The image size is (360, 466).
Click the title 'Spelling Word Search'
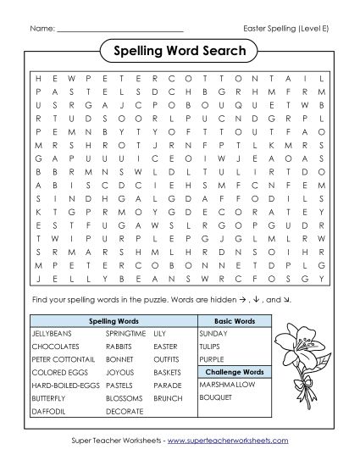[x=179, y=52]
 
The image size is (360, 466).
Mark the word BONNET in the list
[x=119, y=360]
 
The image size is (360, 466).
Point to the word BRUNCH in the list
[x=169, y=397]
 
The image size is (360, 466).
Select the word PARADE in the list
[x=168, y=385]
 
